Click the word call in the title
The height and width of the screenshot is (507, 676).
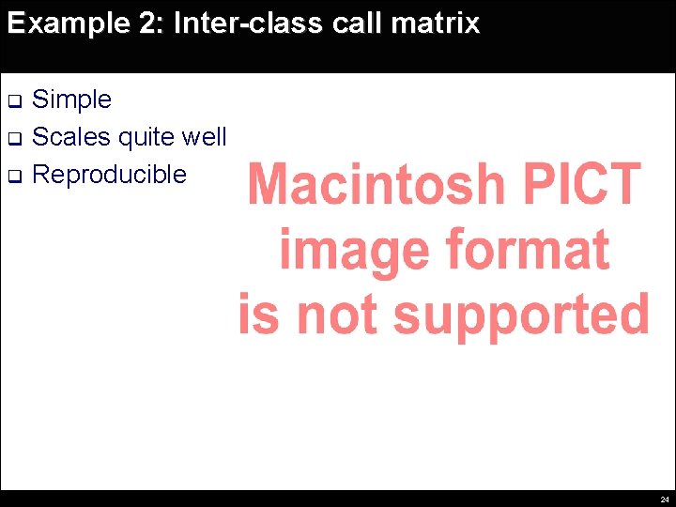point(360,23)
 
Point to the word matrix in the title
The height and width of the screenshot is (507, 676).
point(438,23)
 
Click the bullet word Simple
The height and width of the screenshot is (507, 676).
point(71,100)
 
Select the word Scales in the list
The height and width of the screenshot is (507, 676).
point(71,137)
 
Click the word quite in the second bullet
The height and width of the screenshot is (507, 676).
point(147,138)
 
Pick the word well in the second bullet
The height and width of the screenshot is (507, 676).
point(205,137)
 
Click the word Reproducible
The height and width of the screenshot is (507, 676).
point(109,175)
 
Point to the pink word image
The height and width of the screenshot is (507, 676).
point(353,250)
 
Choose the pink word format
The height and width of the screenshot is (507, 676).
point(527,250)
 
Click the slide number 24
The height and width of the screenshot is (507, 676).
point(665,499)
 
